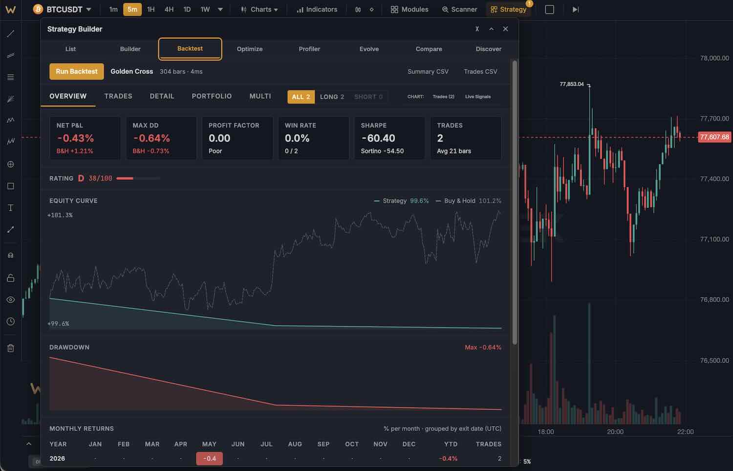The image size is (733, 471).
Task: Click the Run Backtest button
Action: pyautogui.click(x=77, y=71)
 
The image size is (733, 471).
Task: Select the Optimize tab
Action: pyautogui.click(x=250, y=49)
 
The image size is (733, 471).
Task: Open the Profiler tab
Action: pyautogui.click(x=309, y=49)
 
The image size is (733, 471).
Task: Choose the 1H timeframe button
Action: pyautogui.click(x=151, y=9)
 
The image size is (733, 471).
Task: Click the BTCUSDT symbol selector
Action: pyautogui.click(x=62, y=9)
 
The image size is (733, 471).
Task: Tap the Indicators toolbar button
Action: pyautogui.click(x=317, y=9)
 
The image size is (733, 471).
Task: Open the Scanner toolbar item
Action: pyautogui.click(x=459, y=9)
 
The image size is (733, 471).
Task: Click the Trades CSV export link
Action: pyautogui.click(x=480, y=72)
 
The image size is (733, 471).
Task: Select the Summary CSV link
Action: pyautogui.click(x=428, y=72)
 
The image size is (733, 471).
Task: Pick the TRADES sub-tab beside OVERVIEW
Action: pyautogui.click(x=118, y=96)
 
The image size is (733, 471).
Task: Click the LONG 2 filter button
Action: pyautogui.click(x=332, y=97)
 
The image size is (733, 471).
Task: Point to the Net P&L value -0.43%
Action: pyautogui.click(x=76, y=138)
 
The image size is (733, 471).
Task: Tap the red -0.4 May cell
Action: pyautogui.click(x=210, y=458)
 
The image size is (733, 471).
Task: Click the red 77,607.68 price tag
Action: pyautogui.click(x=714, y=137)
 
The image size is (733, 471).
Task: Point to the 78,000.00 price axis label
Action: pyautogui.click(x=714, y=58)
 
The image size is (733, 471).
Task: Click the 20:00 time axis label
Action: pyautogui.click(x=615, y=432)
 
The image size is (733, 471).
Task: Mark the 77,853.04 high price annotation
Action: pyautogui.click(x=572, y=84)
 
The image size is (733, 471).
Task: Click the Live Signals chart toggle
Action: pyautogui.click(x=478, y=97)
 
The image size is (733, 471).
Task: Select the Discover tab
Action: pyautogui.click(x=488, y=49)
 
